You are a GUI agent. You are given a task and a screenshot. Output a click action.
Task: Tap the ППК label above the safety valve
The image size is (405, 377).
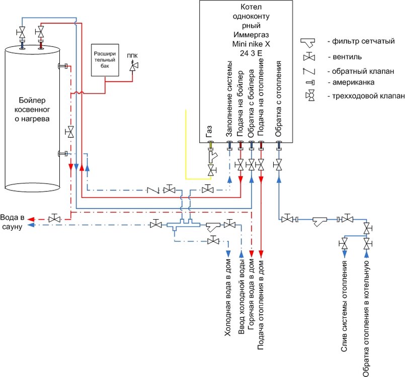pos(132,55)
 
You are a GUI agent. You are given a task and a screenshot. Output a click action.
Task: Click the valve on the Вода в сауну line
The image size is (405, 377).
pos(53,219)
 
